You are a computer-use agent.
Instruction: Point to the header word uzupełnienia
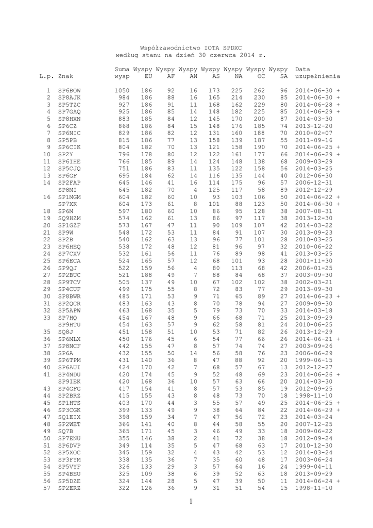pos(317,76)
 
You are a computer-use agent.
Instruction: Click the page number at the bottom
pos(190,501)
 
